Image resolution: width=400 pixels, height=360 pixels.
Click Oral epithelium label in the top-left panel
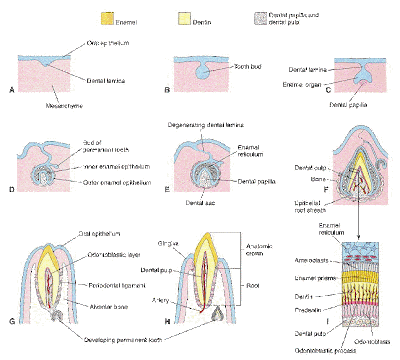click(84, 42)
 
